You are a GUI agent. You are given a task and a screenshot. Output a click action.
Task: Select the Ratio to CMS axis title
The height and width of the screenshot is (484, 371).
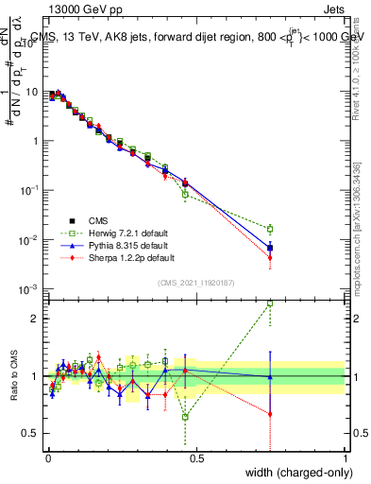click(15, 376)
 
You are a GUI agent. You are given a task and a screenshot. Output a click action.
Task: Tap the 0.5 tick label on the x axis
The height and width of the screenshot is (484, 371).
click(195, 458)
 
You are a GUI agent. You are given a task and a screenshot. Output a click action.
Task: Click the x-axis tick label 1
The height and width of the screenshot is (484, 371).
click(345, 458)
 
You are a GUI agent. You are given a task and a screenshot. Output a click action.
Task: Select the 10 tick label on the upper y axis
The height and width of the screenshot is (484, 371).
click(33, 92)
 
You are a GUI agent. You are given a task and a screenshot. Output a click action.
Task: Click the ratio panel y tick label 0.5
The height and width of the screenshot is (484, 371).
click(33, 434)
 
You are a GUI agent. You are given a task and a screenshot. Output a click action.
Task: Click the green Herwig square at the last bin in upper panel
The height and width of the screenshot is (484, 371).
click(270, 229)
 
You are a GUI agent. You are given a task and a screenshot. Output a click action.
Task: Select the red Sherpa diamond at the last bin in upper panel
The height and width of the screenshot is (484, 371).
click(270, 257)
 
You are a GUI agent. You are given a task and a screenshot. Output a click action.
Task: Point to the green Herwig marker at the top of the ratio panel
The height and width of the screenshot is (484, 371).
click(270, 303)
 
